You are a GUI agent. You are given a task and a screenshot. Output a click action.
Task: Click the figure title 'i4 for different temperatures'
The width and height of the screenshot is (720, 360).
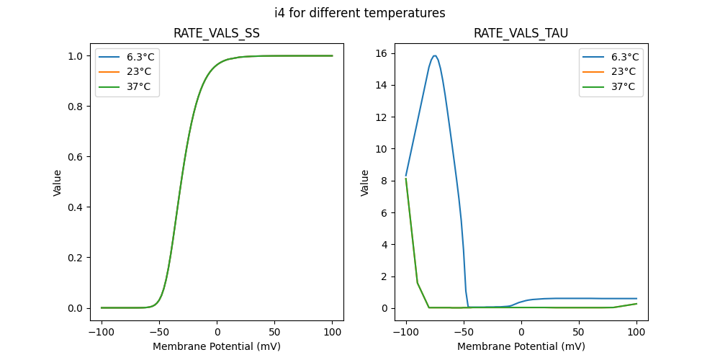click(359, 13)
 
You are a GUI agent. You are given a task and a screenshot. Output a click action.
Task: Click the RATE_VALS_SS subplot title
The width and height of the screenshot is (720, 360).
click(217, 33)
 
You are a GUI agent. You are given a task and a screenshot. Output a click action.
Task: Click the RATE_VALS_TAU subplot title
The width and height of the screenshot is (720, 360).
click(521, 33)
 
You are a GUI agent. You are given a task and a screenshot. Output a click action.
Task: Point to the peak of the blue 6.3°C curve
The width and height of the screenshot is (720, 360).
click(434, 55)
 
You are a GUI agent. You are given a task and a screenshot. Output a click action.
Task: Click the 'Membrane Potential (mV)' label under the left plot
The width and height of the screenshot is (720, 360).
click(217, 346)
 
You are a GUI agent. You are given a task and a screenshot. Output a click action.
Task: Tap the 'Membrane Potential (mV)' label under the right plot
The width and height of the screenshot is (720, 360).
click(521, 346)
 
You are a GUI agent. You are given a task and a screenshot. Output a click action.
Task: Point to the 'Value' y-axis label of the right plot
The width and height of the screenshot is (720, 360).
click(365, 183)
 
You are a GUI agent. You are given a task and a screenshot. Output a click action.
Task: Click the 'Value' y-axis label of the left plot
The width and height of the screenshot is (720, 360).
click(58, 183)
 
